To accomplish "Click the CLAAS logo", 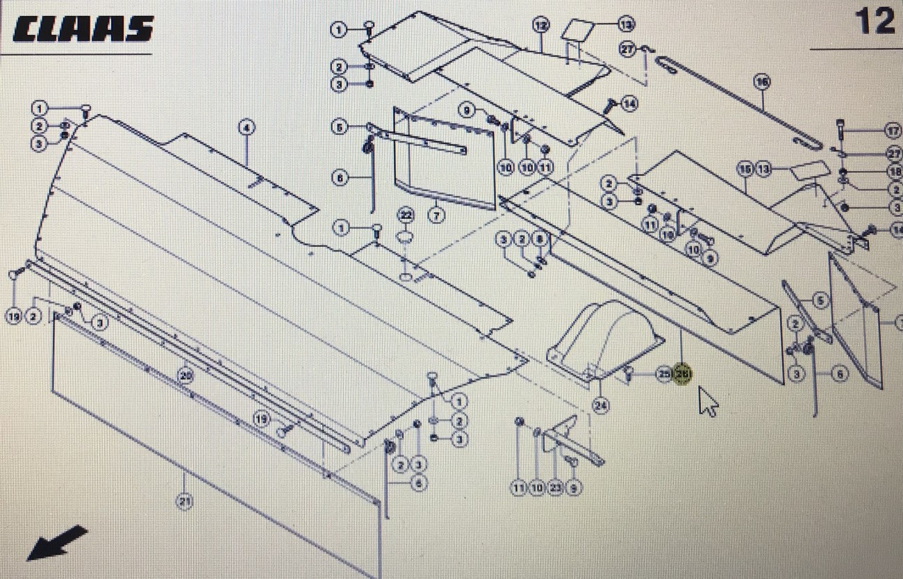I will (x=82, y=29).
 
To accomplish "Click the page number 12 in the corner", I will (x=875, y=22).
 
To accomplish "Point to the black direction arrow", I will (x=57, y=542).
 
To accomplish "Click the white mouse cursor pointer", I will (x=708, y=401).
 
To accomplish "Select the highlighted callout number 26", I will (x=684, y=375).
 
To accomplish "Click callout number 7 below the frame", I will (x=436, y=215).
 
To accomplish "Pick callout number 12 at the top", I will (x=540, y=26).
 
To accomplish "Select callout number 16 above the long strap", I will (x=762, y=82).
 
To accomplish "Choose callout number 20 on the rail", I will (x=184, y=376).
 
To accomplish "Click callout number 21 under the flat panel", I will (x=184, y=502).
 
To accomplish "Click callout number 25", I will (x=663, y=375).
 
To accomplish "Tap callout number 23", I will (x=555, y=489).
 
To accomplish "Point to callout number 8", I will (x=540, y=240).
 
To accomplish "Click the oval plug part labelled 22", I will (x=405, y=238).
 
